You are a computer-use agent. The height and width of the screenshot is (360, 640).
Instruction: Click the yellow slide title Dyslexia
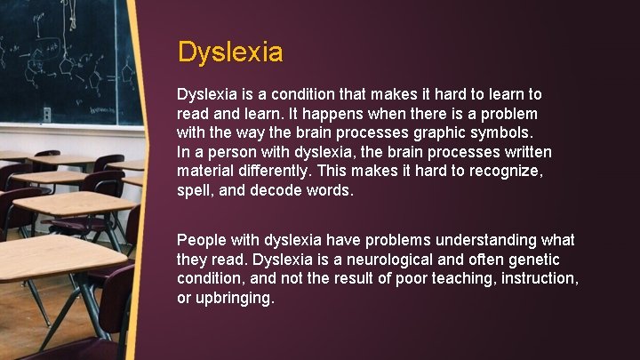230,52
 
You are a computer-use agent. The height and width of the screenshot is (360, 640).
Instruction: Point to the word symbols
501,133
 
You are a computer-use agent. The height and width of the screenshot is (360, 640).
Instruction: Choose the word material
206,172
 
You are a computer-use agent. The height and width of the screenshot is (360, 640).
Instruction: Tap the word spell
196,192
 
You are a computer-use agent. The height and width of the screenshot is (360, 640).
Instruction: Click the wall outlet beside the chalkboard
46,114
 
